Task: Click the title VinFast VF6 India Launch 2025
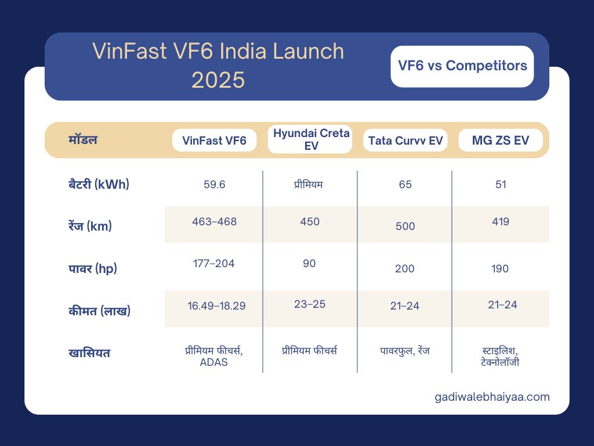pos(218,66)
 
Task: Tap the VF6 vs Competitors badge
pos(462,66)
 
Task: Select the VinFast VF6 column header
pos(215,141)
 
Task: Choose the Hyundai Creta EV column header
pos(312,140)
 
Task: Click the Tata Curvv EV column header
pos(405,141)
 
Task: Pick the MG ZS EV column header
pos(501,141)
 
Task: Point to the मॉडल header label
pos(83,140)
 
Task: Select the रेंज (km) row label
pos(90,226)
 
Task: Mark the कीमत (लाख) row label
pos(99,311)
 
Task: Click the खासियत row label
pos(89,353)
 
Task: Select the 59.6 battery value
pos(215,185)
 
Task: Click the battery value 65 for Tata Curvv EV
pos(405,185)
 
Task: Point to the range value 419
pos(501,221)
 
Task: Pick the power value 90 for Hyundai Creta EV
pos(309,264)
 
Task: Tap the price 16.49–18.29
pos(216,305)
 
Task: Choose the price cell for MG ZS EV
pos(502,304)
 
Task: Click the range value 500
pos(405,226)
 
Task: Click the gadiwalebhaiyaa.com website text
pos(492,397)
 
